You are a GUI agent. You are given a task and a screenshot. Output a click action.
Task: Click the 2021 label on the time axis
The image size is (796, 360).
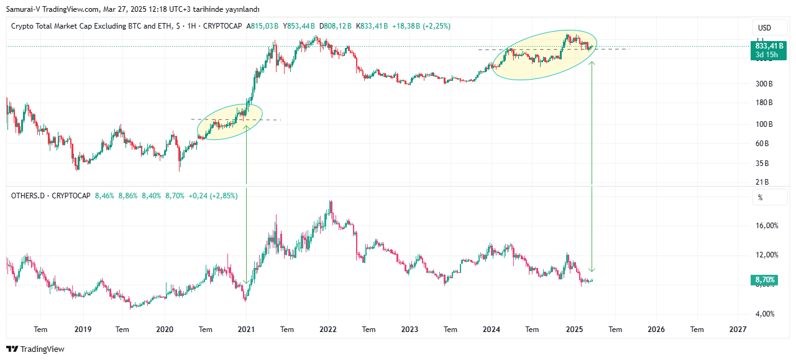(x=247, y=330)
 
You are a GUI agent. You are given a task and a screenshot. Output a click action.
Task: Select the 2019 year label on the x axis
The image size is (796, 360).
(x=83, y=330)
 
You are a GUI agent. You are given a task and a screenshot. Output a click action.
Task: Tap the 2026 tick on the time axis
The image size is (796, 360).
(x=656, y=330)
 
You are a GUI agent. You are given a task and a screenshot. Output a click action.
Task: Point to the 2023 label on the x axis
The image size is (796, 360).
(x=410, y=330)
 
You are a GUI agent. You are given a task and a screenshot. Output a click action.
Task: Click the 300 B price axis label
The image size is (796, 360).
(x=764, y=84)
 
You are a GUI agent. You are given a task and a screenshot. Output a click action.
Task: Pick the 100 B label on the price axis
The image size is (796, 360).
(x=764, y=124)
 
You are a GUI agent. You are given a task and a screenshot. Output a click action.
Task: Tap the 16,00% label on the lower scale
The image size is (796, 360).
(x=766, y=226)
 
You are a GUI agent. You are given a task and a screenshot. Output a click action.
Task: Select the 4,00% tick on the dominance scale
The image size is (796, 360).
(x=765, y=314)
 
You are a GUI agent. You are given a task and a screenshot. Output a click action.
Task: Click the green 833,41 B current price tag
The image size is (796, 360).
(x=769, y=46)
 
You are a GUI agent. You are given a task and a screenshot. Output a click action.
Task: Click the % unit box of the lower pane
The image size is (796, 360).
(x=761, y=198)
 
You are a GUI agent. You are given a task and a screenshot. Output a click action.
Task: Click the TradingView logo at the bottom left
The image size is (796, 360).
(x=35, y=349)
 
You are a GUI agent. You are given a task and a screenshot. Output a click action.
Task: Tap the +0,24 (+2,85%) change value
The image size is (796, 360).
(x=213, y=195)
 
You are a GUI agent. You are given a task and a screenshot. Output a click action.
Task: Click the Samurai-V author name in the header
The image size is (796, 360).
(x=24, y=9)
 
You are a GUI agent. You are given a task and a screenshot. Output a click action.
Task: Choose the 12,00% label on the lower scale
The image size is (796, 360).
(x=766, y=255)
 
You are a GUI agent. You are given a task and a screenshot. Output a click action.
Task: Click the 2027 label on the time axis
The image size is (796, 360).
(x=738, y=330)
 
